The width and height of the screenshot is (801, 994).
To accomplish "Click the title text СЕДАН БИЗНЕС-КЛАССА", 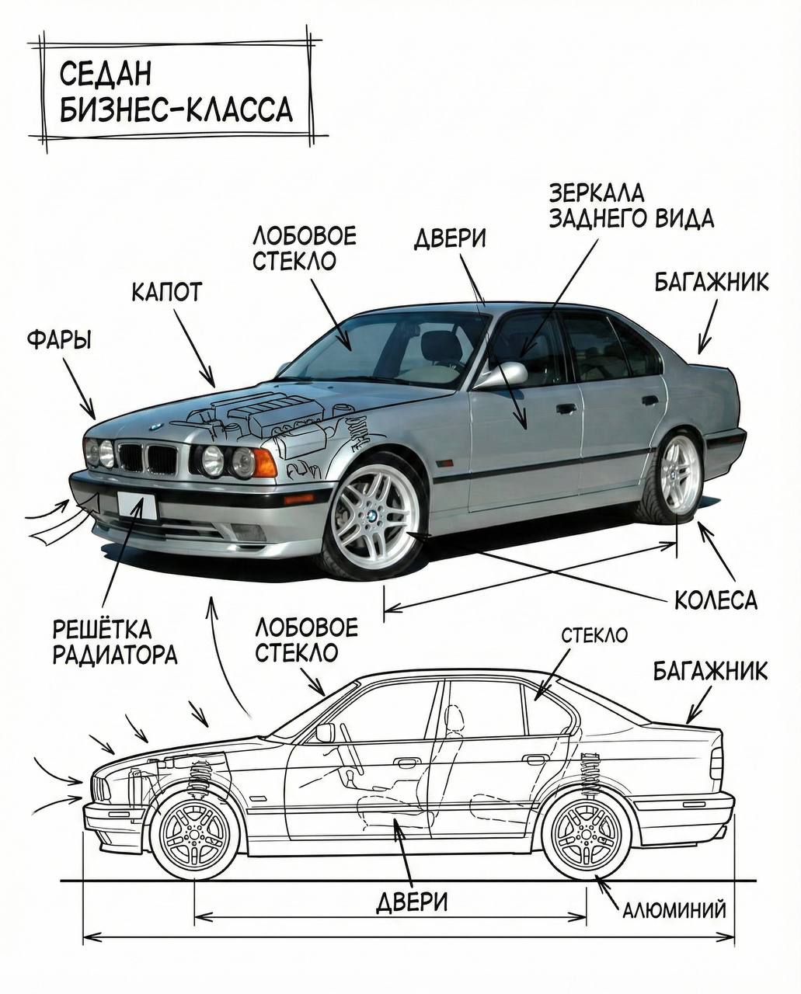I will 176,92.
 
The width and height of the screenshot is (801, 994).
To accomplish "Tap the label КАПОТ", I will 166,292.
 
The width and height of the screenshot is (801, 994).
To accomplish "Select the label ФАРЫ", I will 58,339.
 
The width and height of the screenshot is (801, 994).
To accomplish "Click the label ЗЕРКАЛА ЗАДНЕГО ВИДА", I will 631,206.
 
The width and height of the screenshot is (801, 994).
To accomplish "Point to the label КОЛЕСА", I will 715,600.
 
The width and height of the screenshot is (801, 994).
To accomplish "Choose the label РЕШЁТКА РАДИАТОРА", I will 115,641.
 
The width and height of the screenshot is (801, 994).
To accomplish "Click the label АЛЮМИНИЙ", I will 674,909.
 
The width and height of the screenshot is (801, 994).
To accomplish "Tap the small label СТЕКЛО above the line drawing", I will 594,635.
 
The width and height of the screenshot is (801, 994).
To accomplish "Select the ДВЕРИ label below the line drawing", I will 412,902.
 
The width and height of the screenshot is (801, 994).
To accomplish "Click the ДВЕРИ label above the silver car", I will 450,238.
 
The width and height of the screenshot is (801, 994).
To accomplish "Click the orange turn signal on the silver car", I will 264,463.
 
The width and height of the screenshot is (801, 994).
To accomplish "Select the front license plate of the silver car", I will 137,506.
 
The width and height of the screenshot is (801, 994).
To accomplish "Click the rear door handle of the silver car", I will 650,401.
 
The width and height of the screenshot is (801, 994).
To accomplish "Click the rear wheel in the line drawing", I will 587,833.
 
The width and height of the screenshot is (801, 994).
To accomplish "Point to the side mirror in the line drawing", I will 325,732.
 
